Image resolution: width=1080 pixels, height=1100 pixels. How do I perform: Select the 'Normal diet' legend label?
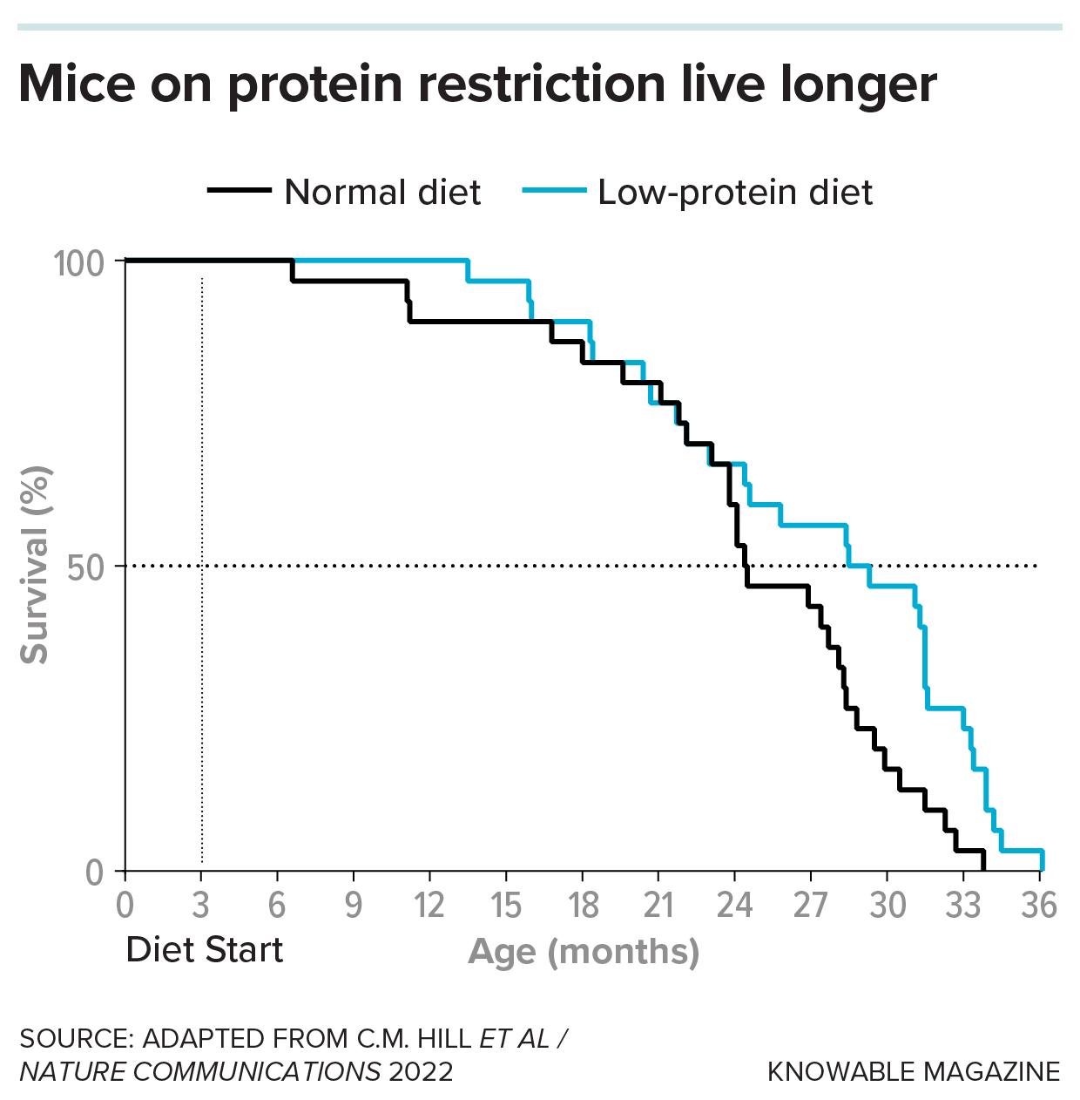[x=382, y=193]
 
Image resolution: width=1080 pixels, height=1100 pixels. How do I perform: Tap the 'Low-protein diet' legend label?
[x=734, y=193]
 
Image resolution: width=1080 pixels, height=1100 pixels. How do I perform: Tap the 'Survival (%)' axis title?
[x=36, y=566]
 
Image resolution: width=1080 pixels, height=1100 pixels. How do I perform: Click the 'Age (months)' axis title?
[x=584, y=952]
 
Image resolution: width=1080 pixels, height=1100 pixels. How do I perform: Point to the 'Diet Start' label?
[x=205, y=950]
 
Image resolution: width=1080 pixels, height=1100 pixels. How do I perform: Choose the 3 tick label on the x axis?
[x=201, y=906]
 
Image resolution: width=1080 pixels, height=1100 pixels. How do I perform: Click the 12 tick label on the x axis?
[x=429, y=906]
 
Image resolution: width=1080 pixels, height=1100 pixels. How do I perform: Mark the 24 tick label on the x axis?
[x=734, y=906]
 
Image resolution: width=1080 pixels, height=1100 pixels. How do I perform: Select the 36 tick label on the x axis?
[x=1039, y=906]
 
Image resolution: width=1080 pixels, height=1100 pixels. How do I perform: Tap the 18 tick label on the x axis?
[x=583, y=906]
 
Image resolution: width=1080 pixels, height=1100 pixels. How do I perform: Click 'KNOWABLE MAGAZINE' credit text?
[x=914, y=1071]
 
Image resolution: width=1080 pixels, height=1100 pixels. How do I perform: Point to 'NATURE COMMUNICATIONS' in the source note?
[x=200, y=1071]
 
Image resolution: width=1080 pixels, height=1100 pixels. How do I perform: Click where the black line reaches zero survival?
[x=983, y=870]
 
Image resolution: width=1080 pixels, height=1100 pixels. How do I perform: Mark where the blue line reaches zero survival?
[x=1042, y=870]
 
